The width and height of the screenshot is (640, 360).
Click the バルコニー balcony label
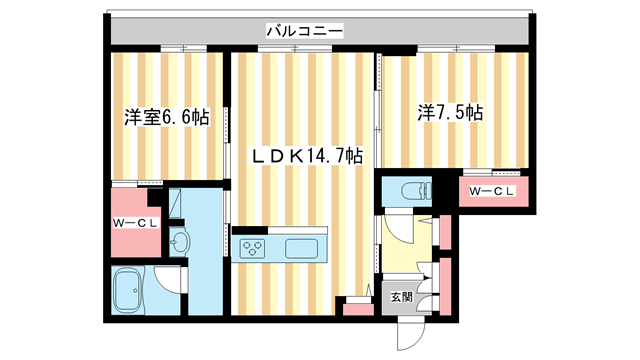pos(305,32)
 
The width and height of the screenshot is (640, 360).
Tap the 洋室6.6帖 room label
pos(166,117)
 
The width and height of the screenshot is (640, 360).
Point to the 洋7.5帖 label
pos(450,113)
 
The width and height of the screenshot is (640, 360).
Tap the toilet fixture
pos(411,190)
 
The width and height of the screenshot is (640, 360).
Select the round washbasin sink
pos(181,242)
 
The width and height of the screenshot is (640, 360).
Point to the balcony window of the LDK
pos(305,48)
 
